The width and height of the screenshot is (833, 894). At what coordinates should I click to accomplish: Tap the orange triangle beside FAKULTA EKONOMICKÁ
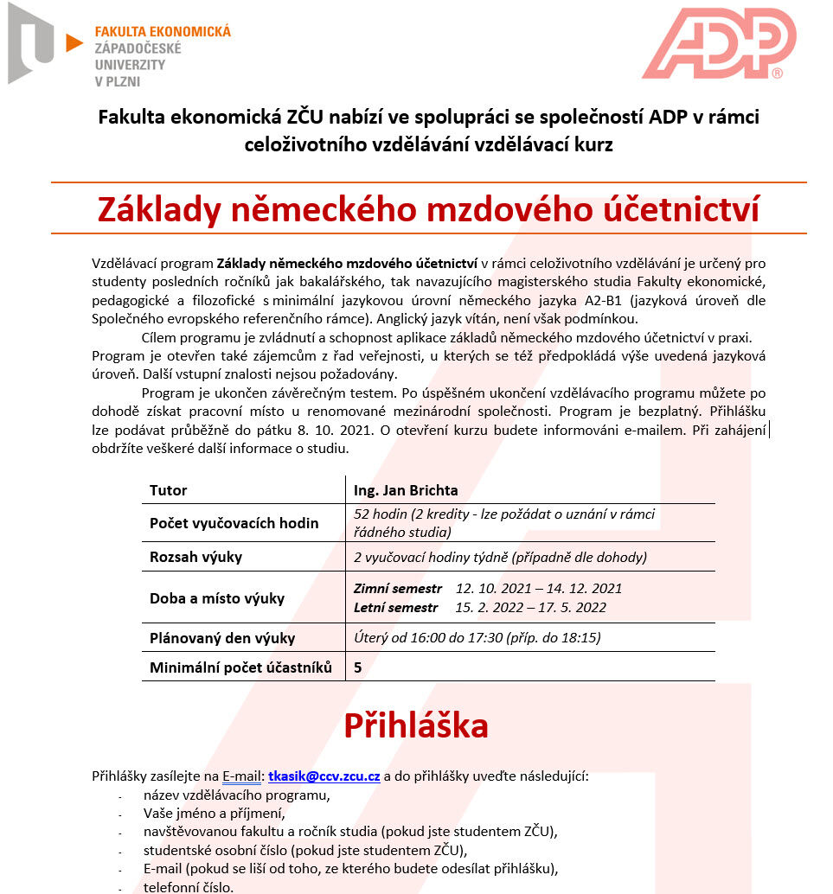pyautogui.click(x=74, y=42)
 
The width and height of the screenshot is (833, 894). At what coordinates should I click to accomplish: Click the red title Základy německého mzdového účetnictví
pyautogui.click(x=428, y=208)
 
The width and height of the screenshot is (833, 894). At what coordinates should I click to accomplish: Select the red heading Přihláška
pyautogui.click(x=416, y=725)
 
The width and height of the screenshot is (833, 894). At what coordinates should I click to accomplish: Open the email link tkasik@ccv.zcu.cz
pyautogui.click(x=324, y=776)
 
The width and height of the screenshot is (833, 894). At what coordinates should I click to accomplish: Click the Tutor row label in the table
pyautogui.click(x=168, y=490)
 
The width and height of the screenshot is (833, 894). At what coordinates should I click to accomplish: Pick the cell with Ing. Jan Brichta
pyautogui.click(x=406, y=490)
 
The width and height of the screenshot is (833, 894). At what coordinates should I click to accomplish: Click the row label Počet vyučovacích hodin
pyautogui.click(x=234, y=523)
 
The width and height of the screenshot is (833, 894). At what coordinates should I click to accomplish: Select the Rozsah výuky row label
pyautogui.click(x=195, y=557)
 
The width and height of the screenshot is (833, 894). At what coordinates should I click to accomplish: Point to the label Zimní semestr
pyautogui.click(x=398, y=588)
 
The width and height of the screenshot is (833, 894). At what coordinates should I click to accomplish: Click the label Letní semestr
pyautogui.click(x=396, y=607)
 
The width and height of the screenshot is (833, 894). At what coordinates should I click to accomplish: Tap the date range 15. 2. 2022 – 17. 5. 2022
pyautogui.click(x=531, y=607)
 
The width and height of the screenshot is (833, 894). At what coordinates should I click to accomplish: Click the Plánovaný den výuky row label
pyautogui.click(x=222, y=639)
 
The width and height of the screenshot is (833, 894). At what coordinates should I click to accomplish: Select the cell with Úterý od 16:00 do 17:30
pyautogui.click(x=477, y=638)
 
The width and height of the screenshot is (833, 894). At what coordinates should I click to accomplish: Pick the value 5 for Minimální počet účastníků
pyautogui.click(x=358, y=667)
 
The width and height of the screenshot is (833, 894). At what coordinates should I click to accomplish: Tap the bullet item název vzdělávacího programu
pyautogui.click(x=237, y=795)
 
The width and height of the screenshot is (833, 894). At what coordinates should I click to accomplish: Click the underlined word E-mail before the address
pyautogui.click(x=242, y=776)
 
